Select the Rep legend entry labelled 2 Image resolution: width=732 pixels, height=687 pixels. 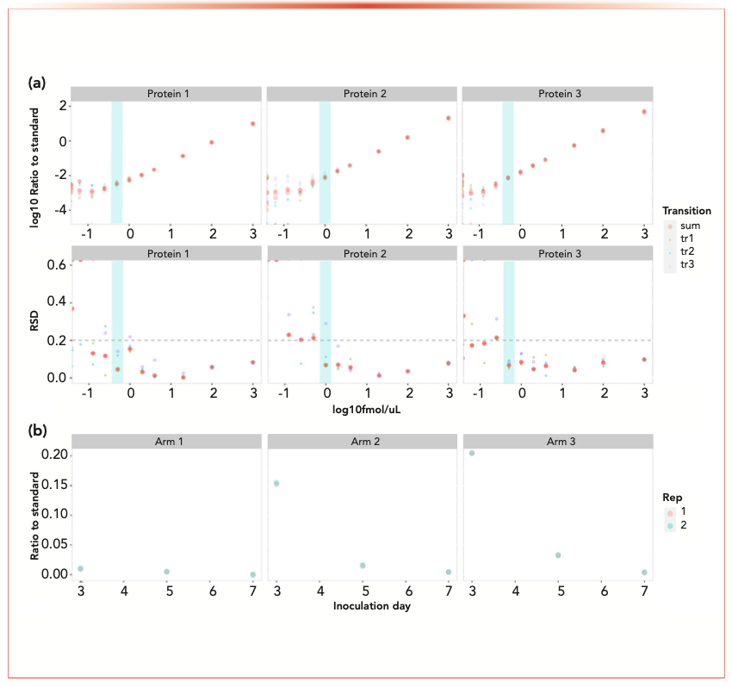point(683,525)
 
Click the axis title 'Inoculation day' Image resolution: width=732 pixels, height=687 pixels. point(361,607)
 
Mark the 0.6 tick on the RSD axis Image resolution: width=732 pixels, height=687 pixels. point(56,265)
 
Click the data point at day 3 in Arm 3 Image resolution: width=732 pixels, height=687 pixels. point(472,453)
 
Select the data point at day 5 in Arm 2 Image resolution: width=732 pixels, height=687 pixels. point(363,566)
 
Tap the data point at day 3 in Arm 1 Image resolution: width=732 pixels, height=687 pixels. point(80,569)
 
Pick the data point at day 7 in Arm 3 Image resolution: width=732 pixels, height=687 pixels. point(644,572)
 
